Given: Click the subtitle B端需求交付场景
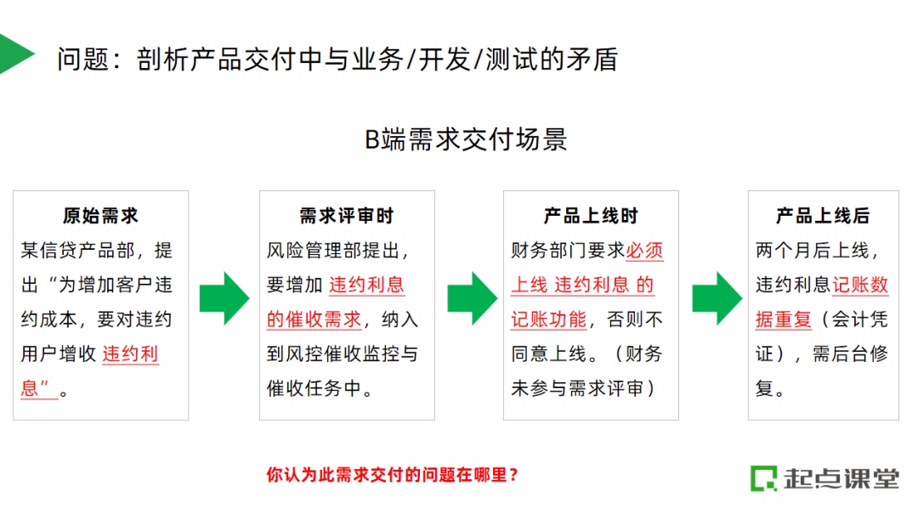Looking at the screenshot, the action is tap(467, 139).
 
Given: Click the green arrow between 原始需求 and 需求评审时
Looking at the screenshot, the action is tap(224, 297).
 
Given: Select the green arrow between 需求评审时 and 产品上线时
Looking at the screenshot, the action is tap(470, 297).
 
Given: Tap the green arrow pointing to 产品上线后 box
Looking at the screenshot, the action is tap(715, 297).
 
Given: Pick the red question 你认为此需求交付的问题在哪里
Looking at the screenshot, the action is tap(392, 474).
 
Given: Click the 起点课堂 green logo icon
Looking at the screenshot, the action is tap(763, 477).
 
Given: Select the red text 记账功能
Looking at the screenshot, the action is tap(548, 319).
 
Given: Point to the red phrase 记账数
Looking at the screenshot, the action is tap(860, 285).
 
